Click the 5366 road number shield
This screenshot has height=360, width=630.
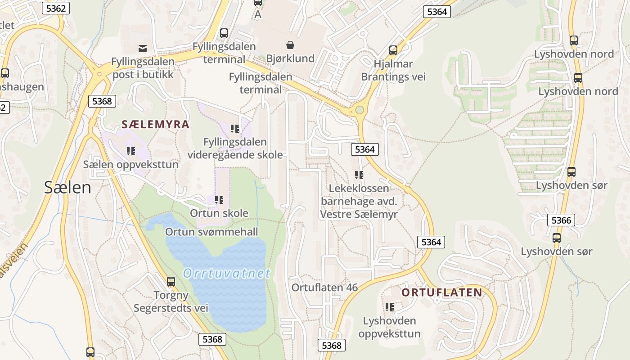[561, 220]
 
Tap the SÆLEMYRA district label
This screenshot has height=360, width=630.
[155, 125]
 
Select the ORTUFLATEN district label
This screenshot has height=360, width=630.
[441, 292]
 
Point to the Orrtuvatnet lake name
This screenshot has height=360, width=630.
[227, 273]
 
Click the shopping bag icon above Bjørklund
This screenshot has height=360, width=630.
[290, 45]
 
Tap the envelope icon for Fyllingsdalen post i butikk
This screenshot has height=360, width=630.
[143, 48]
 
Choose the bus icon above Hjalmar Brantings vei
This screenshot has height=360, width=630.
[393, 50]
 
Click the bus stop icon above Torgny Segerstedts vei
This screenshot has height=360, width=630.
[171, 282]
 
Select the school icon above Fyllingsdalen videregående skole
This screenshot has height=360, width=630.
[234, 129]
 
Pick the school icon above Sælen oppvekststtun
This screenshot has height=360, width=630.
[131, 151]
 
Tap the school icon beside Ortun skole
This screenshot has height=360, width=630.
[219, 199]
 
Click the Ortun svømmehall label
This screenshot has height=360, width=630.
[211, 232]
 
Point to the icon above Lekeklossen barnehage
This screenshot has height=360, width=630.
[359, 175]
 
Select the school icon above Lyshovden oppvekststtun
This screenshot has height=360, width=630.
[390, 307]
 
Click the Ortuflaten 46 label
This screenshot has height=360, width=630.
[324, 288]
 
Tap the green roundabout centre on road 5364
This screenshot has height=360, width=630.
[359, 110]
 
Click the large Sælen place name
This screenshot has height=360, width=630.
[67, 187]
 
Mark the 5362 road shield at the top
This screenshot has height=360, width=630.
[56, 8]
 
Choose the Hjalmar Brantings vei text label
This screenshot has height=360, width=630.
[393, 70]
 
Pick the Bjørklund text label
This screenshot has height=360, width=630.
[290, 58]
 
